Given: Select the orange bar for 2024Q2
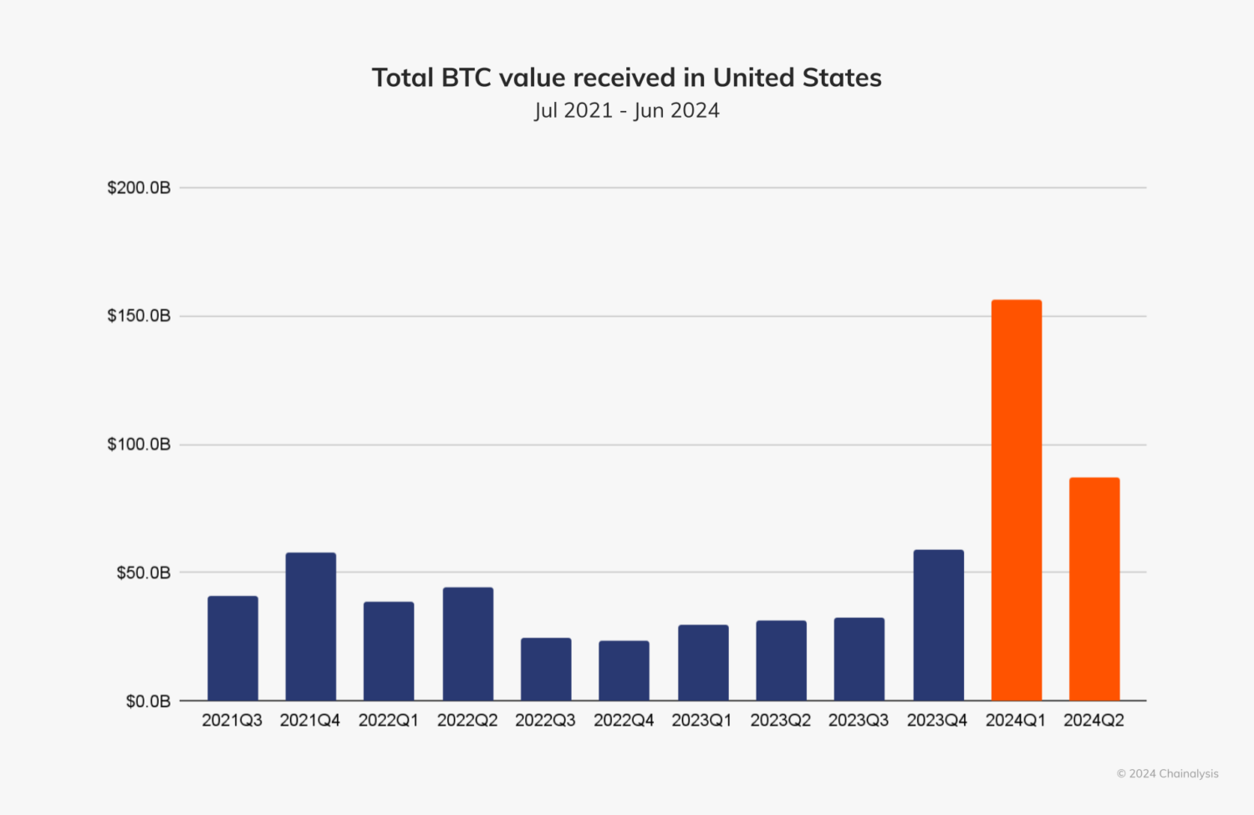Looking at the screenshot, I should (x=1094, y=588).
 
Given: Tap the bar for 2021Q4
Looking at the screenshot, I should (x=311, y=626).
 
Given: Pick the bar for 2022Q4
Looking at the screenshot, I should (x=624, y=670).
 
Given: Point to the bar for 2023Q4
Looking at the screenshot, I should (x=938, y=624).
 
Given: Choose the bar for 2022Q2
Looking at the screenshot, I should (x=468, y=644).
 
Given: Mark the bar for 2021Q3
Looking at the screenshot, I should (x=232, y=648).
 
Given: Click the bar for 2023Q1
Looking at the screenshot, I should (x=703, y=662).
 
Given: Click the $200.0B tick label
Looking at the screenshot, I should (x=139, y=188).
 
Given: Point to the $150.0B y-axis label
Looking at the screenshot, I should (x=139, y=316).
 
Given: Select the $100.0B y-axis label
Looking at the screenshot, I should (x=139, y=445).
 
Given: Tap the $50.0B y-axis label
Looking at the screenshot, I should (x=143, y=573).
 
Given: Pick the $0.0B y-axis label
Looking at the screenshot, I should (x=148, y=701).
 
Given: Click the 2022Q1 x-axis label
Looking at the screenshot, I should (x=389, y=721).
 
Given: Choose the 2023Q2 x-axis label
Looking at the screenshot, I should (x=780, y=721).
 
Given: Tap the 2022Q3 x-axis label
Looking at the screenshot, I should (x=545, y=721).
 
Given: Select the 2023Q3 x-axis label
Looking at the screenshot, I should (x=859, y=721).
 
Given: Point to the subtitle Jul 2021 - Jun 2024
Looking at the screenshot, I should (x=627, y=110).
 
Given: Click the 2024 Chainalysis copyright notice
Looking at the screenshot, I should (x=1167, y=774).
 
